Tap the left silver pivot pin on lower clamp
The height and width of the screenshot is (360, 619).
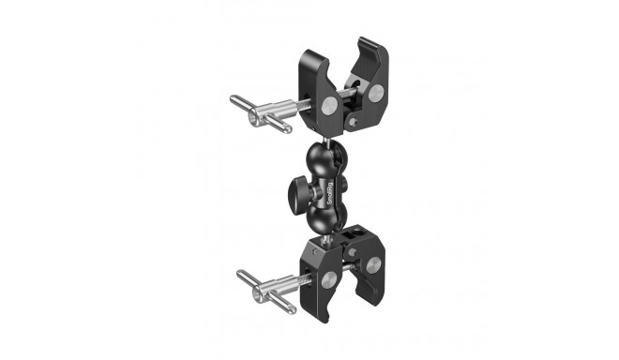coord(328,279)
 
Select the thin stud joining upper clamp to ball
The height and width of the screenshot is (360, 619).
coord(324,139)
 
